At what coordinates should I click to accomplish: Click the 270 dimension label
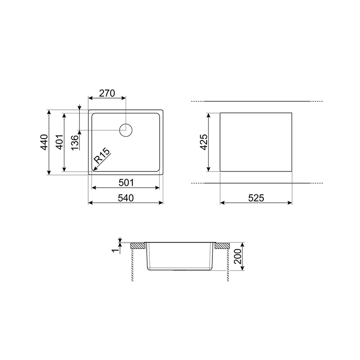107,93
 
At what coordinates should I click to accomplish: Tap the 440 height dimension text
44,142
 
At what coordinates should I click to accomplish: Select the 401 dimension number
59,142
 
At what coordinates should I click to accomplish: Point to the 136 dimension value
75,143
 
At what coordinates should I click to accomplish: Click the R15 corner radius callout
102,156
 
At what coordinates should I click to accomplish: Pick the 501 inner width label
126,183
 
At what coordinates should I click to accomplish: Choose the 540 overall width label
126,198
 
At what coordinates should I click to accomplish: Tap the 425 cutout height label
204,142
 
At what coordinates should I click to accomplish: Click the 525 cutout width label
256,198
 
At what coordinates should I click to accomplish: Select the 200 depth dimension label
238,256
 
